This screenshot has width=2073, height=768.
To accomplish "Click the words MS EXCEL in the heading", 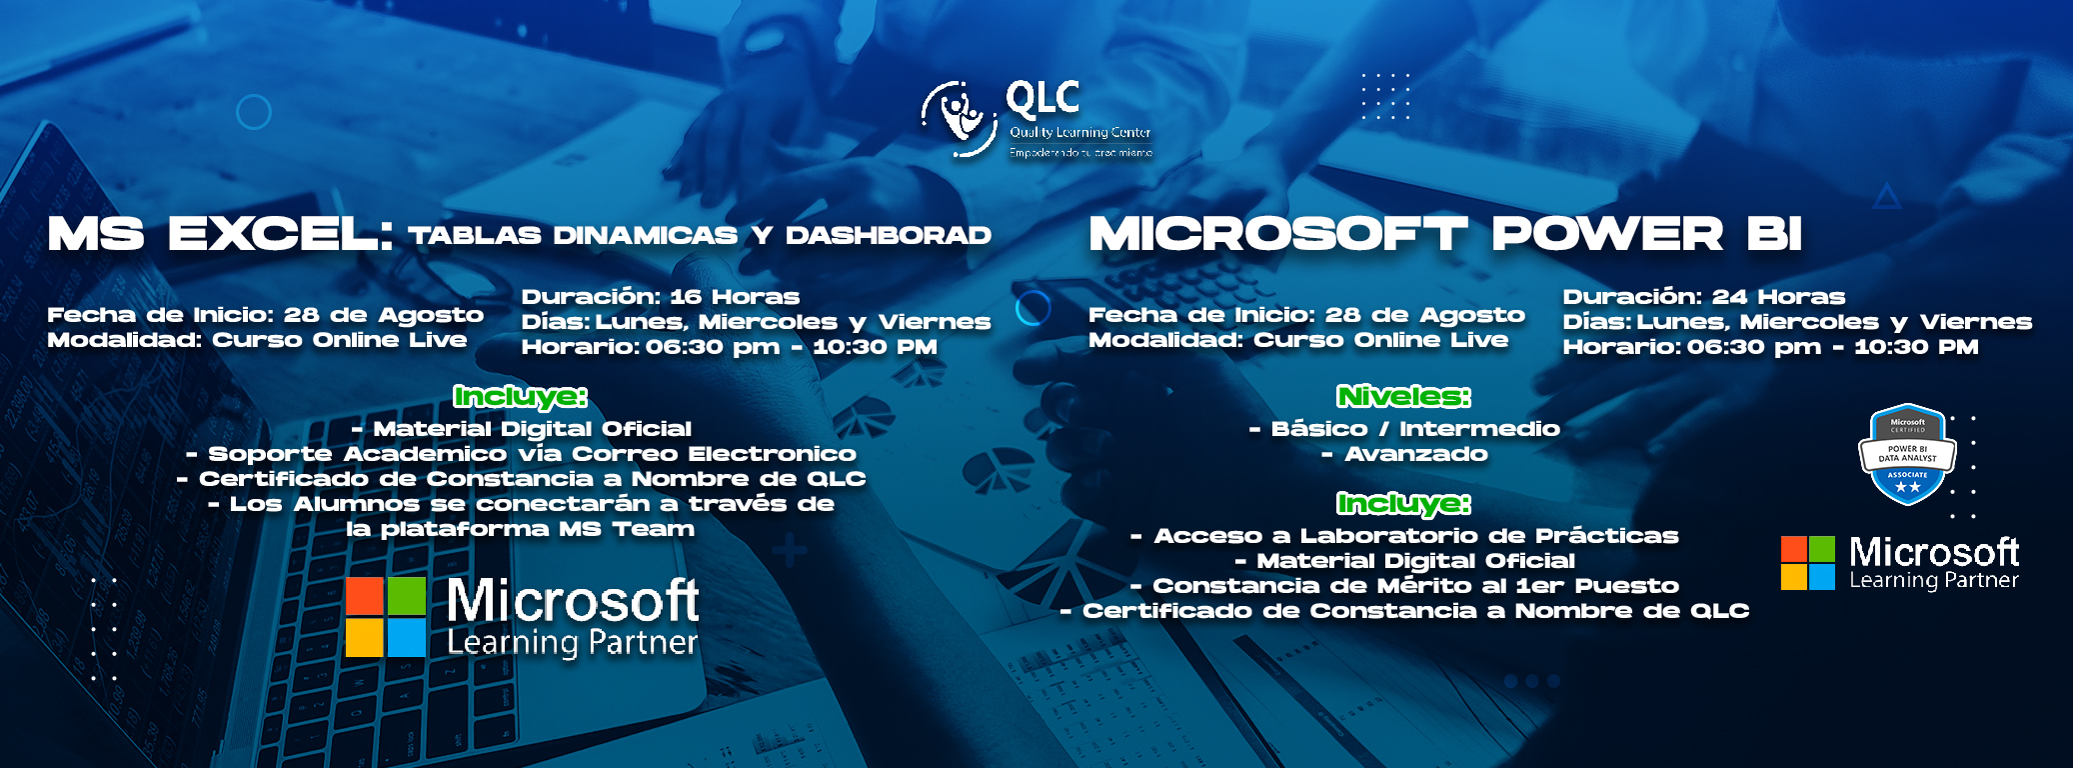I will click(220, 235).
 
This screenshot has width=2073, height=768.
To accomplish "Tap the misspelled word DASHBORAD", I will click(888, 236).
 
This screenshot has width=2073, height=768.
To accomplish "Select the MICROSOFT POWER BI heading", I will click(1444, 235).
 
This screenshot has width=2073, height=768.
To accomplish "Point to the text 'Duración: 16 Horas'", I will click(660, 297).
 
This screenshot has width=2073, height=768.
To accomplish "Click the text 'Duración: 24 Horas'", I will click(1703, 297).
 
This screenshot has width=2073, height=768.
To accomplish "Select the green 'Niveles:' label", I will click(1403, 397).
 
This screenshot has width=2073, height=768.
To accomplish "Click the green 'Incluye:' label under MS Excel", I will click(520, 397).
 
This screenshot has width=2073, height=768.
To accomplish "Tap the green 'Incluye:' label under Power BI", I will click(1403, 503).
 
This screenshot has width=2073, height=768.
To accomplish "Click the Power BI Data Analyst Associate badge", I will click(1907, 455).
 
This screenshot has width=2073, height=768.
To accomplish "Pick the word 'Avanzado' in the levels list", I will click(1415, 454).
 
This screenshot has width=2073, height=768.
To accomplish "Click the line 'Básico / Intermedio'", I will click(1405, 429).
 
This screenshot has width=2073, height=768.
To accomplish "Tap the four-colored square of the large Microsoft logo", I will click(386, 616).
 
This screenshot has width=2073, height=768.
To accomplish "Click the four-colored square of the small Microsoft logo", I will click(1807, 563).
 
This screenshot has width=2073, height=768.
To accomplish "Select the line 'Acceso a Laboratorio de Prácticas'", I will click(1405, 536).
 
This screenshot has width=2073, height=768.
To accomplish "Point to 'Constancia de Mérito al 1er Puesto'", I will click(1405, 586).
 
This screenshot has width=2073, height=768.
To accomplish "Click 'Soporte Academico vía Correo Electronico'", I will click(521, 454).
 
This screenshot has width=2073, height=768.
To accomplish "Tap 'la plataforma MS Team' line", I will click(520, 529).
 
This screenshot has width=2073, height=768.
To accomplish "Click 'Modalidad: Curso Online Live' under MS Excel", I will click(257, 340).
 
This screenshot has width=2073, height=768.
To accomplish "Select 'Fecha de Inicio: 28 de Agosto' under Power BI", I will click(1305, 315).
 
